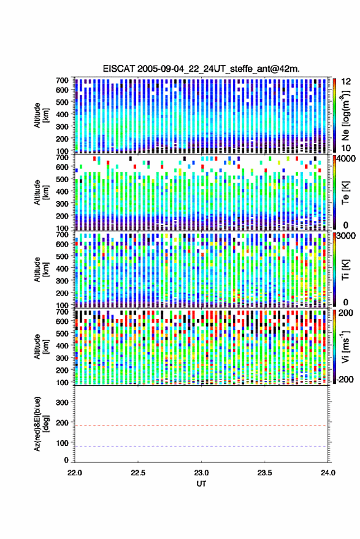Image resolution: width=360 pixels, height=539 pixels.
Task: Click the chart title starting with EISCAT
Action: [x=201, y=69]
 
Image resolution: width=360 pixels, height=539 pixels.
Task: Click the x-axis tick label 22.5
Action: [x=138, y=473]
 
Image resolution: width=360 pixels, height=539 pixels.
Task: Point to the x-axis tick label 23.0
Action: [x=201, y=473]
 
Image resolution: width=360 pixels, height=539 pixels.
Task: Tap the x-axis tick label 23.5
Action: [x=264, y=473]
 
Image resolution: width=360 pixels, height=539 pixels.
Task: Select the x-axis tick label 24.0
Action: [x=327, y=473]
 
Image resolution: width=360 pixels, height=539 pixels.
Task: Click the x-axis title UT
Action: [x=201, y=484]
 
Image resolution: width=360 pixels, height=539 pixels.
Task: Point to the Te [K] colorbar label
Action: [x=345, y=193]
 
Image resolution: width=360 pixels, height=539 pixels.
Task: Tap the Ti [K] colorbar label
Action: [x=345, y=270]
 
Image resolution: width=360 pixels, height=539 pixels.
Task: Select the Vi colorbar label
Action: [x=345, y=346]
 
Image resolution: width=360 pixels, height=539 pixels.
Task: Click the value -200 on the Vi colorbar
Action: [x=344, y=379]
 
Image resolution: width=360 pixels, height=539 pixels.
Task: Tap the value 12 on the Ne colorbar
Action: [x=346, y=82]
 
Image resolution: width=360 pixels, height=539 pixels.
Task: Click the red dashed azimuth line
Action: [x=201, y=426]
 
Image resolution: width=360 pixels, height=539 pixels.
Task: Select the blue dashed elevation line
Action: [x=201, y=446]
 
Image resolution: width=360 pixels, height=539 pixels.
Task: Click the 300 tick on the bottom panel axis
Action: [x=62, y=402]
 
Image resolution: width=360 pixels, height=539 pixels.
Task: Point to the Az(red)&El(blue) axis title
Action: [x=41, y=424]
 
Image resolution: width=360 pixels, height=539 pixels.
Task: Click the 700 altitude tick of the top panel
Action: [x=62, y=80]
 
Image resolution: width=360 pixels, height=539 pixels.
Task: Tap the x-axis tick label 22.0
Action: [x=75, y=473]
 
